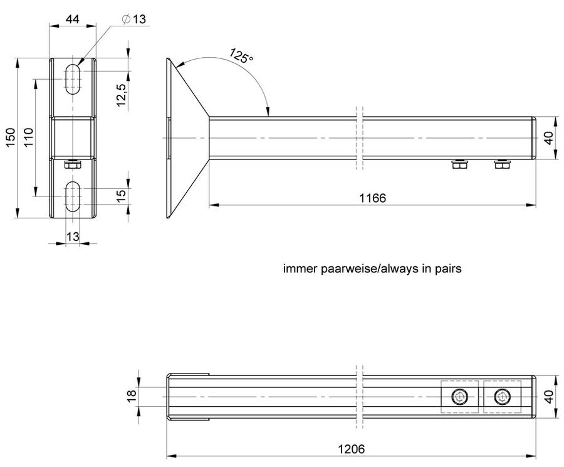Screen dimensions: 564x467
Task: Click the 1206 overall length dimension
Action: coord(351,449)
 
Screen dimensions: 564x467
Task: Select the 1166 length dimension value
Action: coord(372,198)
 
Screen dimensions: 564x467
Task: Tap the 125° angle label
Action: coord(241,56)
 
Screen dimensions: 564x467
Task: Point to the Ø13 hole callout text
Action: coord(134,19)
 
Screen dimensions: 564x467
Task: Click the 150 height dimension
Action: coord(10,137)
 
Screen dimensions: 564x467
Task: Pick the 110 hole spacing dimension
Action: coord(28,137)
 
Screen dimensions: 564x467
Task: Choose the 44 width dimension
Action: coord(72,19)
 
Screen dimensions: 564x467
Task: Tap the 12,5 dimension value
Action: coord(121,95)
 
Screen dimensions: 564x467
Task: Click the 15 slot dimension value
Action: coord(121,195)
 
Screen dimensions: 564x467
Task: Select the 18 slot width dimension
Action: coord(132,393)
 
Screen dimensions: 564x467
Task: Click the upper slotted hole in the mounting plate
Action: coord(73,79)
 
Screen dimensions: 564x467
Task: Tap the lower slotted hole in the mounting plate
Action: coord(73,196)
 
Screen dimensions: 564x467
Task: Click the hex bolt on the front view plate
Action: coord(73,164)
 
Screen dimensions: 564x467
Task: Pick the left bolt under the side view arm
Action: coord(460,164)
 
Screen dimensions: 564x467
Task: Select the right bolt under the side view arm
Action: coord(503,164)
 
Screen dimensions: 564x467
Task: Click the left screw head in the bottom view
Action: coord(460,397)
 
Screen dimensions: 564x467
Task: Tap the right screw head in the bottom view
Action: coord(502,397)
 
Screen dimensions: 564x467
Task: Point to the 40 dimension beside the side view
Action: coord(548,138)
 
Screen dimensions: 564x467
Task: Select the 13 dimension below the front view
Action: coord(73,237)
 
